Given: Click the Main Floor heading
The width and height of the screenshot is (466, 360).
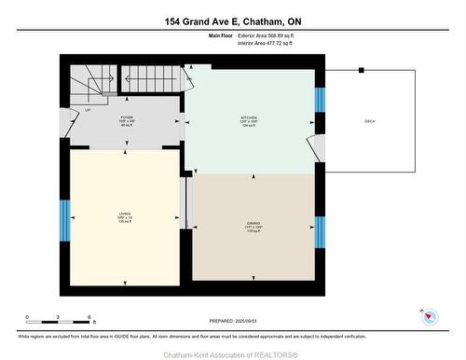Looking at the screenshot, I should tap(220, 36).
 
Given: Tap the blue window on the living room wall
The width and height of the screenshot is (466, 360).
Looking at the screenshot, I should tap(64, 217).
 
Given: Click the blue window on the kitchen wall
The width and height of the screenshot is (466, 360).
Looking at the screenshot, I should tap(320, 99).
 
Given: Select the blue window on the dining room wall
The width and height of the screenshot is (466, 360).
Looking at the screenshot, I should tap(320, 231).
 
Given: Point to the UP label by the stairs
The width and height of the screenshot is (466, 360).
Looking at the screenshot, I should tap(88, 110).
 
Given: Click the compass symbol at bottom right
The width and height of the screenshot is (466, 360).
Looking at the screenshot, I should tap(430, 317).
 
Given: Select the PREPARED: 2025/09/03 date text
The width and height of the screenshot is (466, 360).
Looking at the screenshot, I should tap(233, 322).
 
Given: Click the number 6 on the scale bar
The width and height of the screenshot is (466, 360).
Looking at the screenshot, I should tap(89, 318).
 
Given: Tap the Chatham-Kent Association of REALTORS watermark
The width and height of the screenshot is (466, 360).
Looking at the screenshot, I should tap(233, 353).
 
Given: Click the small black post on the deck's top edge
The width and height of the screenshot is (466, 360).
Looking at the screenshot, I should tap(362, 70).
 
